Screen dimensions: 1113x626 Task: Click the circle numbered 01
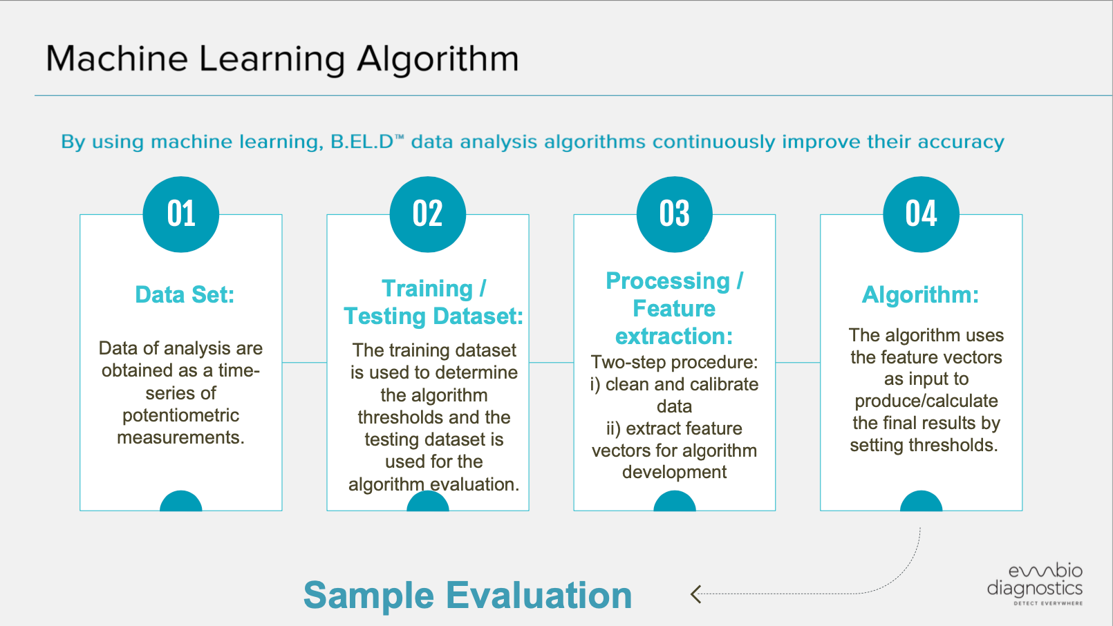181,214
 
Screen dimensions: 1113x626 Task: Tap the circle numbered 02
428,214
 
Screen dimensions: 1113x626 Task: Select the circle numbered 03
674,214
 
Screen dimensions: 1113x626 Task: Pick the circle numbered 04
922,214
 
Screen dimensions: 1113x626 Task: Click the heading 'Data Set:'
185,294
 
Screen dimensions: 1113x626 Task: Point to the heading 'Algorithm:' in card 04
920,295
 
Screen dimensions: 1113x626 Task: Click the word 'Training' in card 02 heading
427,289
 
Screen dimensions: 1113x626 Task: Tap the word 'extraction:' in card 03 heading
674,336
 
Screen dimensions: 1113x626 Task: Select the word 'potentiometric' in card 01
181,415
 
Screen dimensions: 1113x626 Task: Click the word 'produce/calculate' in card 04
926,401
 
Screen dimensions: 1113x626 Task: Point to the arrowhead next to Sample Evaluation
695,594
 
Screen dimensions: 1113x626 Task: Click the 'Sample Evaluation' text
467,595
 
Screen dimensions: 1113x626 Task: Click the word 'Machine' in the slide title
117,59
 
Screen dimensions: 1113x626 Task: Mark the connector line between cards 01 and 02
304,362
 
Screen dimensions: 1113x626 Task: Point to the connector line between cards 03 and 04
798,362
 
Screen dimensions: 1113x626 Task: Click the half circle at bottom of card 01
181,501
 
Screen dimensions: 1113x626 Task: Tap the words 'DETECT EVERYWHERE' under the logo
1048,603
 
